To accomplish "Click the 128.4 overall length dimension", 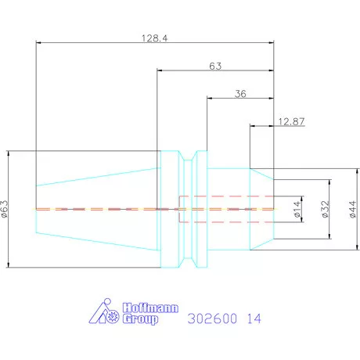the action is [x=155, y=38].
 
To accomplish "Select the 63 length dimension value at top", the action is [x=215, y=67].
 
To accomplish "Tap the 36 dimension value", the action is [x=240, y=94].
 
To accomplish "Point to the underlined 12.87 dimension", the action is [x=291, y=121].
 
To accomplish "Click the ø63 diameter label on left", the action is [x=5, y=209].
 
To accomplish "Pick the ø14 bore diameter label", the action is [x=297, y=209].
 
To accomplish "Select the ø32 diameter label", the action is [x=326, y=209].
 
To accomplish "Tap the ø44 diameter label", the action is [x=352, y=209].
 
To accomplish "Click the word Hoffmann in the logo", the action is [x=150, y=308].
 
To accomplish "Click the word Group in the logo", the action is [x=140, y=319].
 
